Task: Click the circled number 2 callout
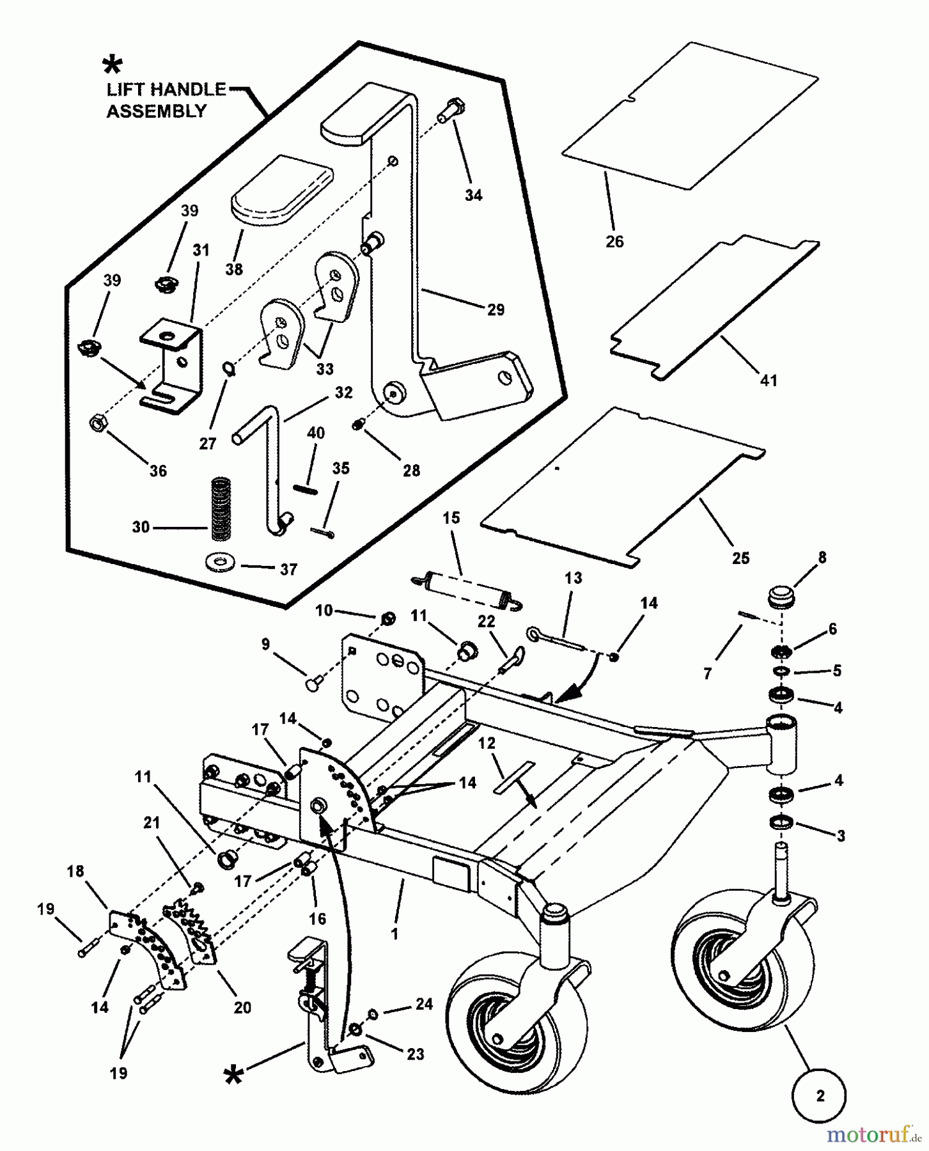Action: point(820,1096)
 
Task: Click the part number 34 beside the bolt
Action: point(473,196)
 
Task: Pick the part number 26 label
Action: point(614,242)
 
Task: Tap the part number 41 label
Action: point(768,380)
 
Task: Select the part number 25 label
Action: point(740,558)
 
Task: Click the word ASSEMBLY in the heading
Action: point(156,111)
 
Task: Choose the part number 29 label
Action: point(496,309)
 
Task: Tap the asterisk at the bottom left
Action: point(233,1076)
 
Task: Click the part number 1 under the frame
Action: point(394,934)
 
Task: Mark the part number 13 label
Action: point(573,578)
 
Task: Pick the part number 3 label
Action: point(840,836)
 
